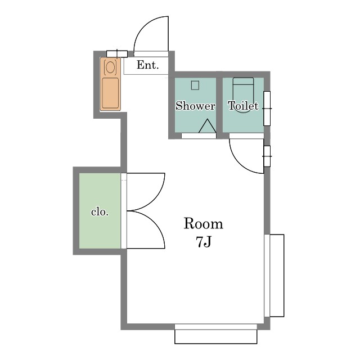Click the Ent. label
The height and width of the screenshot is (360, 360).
[147, 65]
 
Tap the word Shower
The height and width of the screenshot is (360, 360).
[195, 106]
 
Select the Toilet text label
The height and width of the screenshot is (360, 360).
[243, 106]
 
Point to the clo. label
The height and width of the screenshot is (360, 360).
[100, 212]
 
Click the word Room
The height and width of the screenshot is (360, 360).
[203, 224]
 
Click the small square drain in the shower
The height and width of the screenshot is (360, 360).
[195, 85]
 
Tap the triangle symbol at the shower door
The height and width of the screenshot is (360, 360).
[208, 126]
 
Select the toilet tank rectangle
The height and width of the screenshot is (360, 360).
[244, 81]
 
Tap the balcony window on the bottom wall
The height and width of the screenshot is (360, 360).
[216, 334]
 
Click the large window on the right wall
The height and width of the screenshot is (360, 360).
[274, 276]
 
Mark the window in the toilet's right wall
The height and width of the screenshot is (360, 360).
[267, 109]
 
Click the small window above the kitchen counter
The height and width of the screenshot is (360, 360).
[117, 54]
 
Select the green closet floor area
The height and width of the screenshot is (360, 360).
[100, 210]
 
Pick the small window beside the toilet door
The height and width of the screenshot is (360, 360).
[267, 156]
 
